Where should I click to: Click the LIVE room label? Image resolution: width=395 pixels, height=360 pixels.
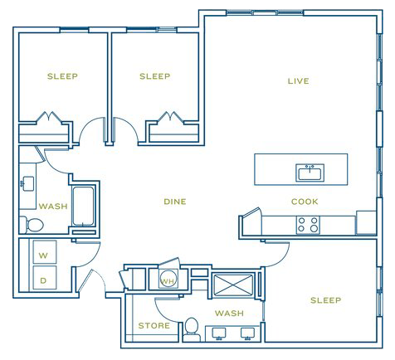point(298,81)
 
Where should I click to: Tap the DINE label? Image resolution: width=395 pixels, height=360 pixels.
point(175,202)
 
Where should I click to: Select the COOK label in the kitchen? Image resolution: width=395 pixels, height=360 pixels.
point(305,202)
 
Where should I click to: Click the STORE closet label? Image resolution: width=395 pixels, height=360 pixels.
point(154,326)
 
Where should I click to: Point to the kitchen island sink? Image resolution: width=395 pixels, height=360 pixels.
point(310,173)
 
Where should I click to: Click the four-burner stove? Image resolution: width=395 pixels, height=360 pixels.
point(308,225)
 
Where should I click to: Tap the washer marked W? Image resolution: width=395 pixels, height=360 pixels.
point(45,252)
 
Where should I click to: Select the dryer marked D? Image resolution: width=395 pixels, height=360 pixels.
point(45,278)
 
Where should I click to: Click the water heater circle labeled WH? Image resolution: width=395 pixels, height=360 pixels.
point(168,279)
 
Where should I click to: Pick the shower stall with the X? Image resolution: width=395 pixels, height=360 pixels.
point(233,285)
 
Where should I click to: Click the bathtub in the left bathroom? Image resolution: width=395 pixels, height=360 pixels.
point(83,206)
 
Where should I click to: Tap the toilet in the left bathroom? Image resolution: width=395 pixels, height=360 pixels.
point(32,225)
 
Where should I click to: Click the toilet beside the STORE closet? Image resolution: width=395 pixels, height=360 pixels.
point(192,329)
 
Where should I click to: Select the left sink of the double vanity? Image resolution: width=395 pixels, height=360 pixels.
point(219,333)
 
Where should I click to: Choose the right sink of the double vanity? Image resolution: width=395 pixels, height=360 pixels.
point(247,333)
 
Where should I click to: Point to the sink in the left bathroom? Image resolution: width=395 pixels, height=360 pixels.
point(27,183)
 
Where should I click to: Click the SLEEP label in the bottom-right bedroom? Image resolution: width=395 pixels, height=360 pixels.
point(325,300)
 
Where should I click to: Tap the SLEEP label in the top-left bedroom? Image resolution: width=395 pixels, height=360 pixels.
point(62,76)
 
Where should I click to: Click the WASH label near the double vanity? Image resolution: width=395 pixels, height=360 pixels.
point(229,314)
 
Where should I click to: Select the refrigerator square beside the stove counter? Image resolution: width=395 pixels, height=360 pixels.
point(366,223)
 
